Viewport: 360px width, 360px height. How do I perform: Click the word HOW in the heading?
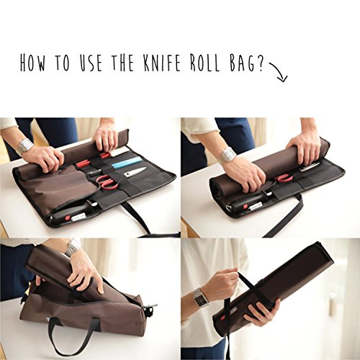click(32, 62)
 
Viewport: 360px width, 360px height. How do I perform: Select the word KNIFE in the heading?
click(161, 63)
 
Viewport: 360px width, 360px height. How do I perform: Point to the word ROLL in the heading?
click(204, 63)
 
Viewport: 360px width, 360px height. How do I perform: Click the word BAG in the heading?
click(242, 63)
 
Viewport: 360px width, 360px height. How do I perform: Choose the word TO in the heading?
click(62, 63)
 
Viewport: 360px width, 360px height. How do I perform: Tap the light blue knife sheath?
click(122, 164)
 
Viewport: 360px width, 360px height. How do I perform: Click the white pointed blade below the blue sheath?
click(135, 172)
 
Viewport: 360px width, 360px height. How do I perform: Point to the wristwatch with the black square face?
click(201, 297)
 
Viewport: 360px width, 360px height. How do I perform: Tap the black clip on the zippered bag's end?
click(150, 310)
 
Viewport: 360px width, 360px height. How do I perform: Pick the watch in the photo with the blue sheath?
click(24, 146)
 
